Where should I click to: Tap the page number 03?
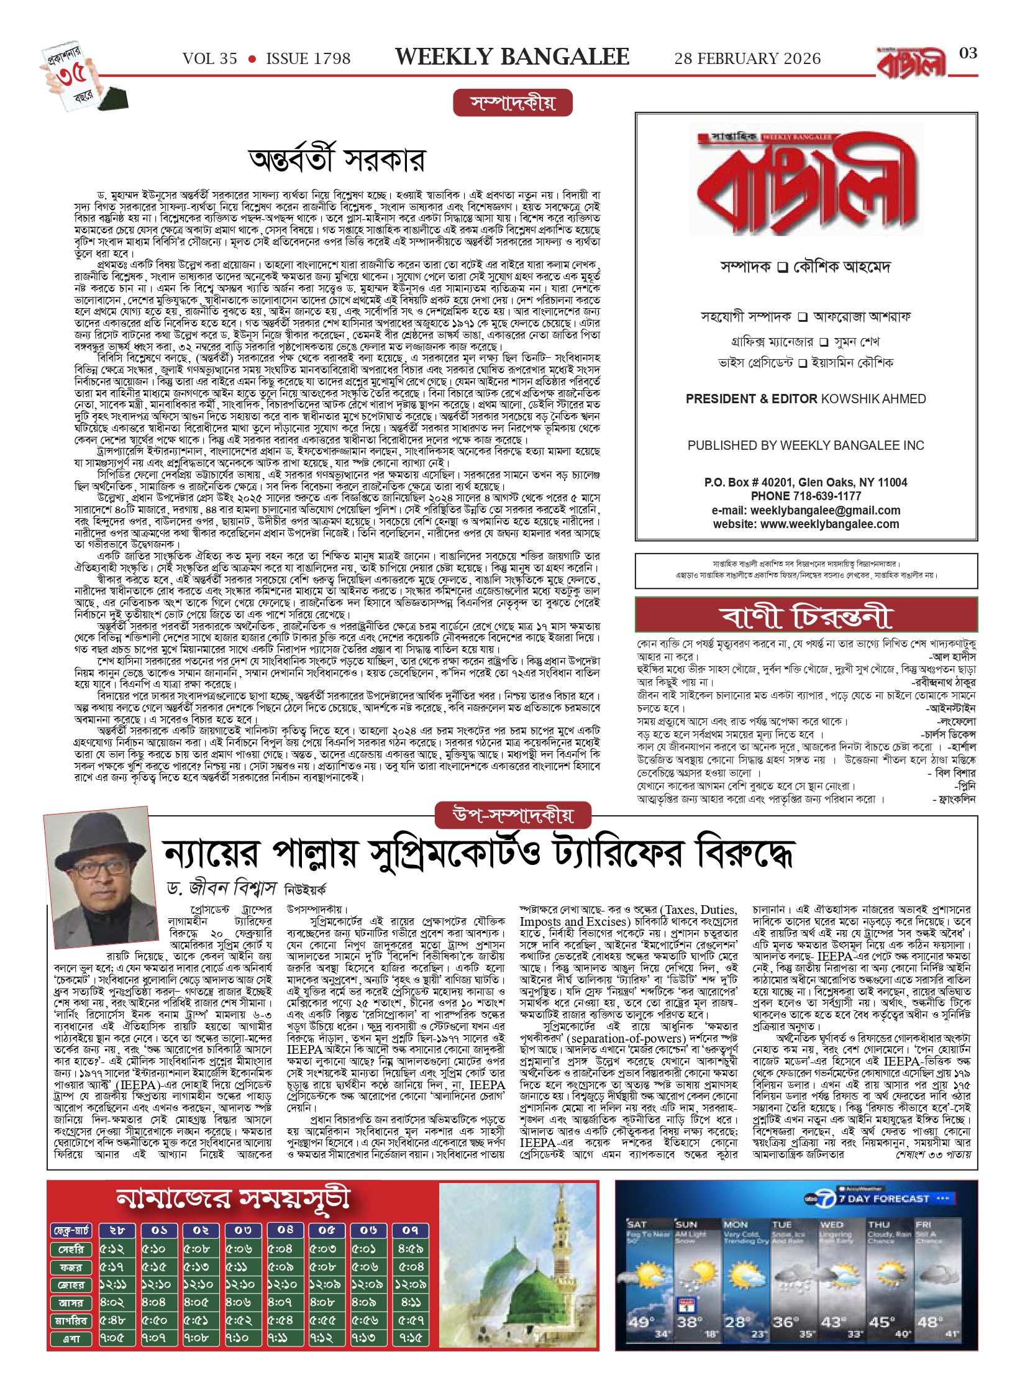pyautogui.click(x=968, y=53)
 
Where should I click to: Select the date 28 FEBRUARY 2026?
pyautogui.click(x=747, y=59)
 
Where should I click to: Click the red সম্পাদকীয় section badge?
pyautogui.click(x=512, y=103)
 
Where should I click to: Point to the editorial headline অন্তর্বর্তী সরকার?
pyautogui.click(x=337, y=160)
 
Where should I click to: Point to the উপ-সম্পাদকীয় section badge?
pyautogui.click(x=513, y=815)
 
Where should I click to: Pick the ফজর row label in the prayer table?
pyautogui.click(x=71, y=1267)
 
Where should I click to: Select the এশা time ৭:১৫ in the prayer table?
pyautogui.click(x=411, y=1338)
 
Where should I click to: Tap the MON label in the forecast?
pyautogui.click(x=736, y=1225)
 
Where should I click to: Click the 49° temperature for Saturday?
pyautogui.click(x=640, y=1322)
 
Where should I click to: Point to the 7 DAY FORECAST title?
pyautogui.click(x=883, y=1199)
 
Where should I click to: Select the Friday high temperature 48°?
pyautogui.click(x=929, y=1323)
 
